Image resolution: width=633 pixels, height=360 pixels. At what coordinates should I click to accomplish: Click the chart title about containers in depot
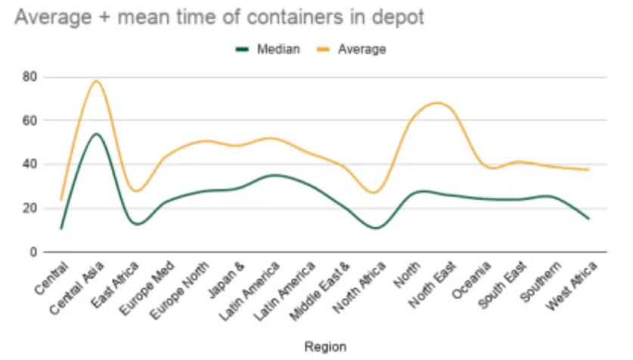219,17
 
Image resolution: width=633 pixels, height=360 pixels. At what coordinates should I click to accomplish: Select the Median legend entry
278,49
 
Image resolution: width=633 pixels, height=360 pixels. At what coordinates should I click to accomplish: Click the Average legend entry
361,49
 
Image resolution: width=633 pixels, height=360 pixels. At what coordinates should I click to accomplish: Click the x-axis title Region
325,346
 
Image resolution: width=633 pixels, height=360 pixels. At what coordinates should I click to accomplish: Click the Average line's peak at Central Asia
97,81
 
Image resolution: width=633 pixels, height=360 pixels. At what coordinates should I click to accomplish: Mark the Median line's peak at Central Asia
97,134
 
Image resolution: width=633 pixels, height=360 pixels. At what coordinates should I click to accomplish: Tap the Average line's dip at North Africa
376,193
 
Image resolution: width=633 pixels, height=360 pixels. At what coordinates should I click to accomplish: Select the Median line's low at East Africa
137,224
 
